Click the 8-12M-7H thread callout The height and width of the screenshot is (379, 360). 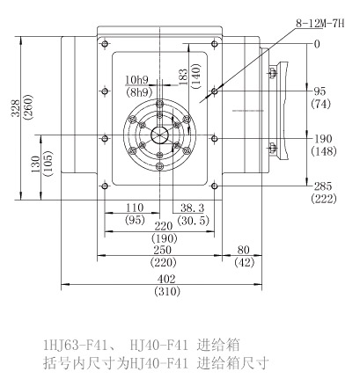point(320,24)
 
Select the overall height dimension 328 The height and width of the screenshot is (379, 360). point(16,108)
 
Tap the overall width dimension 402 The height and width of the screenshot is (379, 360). point(165,279)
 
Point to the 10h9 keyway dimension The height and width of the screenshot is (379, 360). point(136,80)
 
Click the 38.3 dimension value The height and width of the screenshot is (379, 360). point(192,208)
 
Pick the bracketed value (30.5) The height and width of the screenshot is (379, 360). point(194,220)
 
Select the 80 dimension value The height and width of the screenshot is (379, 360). point(244,250)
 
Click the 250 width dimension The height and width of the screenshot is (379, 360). point(162,250)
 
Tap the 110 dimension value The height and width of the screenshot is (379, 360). point(135,208)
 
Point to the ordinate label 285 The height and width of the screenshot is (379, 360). point(323,186)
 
